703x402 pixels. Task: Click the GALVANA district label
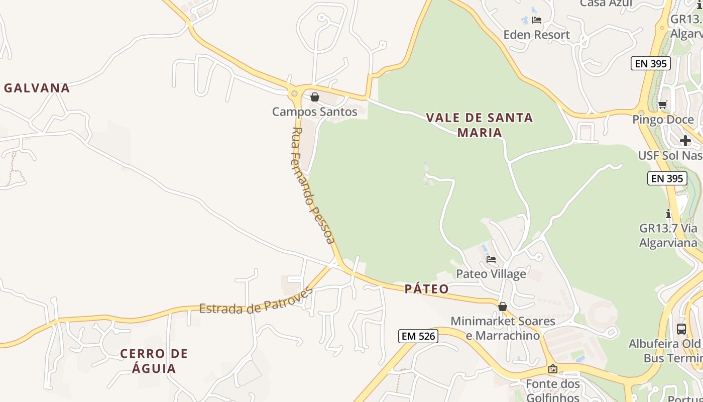[37, 88]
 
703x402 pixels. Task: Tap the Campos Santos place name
[315, 112]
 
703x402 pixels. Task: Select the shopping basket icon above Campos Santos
[315, 97]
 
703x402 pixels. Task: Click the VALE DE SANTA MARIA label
[480, 125]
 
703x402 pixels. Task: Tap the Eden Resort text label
[536, 35]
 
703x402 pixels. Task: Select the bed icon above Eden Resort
[537, 20]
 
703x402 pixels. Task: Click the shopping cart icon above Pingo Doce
[663, 105]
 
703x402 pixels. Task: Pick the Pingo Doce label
[663, 120]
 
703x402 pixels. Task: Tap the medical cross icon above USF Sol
[685, 141]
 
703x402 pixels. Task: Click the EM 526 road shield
[418, 336]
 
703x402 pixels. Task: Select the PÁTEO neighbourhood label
[426, 289]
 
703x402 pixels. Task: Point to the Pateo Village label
[491, 274]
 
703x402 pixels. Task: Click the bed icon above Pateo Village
[491, 259]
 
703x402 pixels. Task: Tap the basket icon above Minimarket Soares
[503, 307]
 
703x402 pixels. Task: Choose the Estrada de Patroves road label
[256, 301]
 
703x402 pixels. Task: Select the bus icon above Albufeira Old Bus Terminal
[681, 329]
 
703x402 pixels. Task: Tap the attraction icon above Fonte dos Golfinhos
[553, 369]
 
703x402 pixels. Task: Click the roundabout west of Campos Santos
[294, 93]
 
